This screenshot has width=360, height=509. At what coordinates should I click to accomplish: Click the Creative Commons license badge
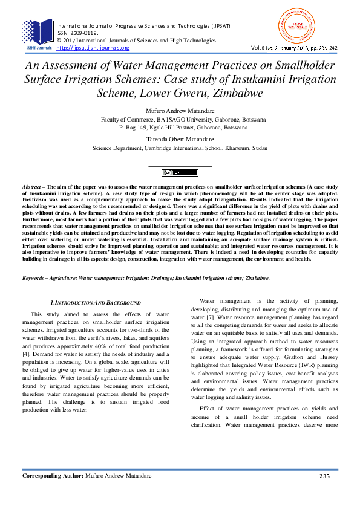(x=180, y=173)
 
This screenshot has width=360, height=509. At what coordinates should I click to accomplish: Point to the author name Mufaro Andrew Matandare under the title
(x=180, y=112)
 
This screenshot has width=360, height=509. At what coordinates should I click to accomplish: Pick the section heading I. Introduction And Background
(x=96, y=302)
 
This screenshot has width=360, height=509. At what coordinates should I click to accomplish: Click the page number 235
(x=324, y=493)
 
